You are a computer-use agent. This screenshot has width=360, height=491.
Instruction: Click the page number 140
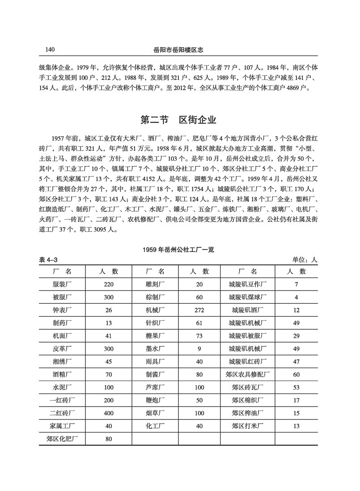coord(50,49)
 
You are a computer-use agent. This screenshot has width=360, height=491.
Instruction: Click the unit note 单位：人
coord(305,260)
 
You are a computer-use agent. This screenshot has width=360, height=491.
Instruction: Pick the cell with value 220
coord(109,284)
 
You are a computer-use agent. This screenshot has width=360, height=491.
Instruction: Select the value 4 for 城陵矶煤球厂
coord(296,297)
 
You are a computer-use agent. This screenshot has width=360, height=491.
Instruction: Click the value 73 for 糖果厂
coord(199,335)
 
